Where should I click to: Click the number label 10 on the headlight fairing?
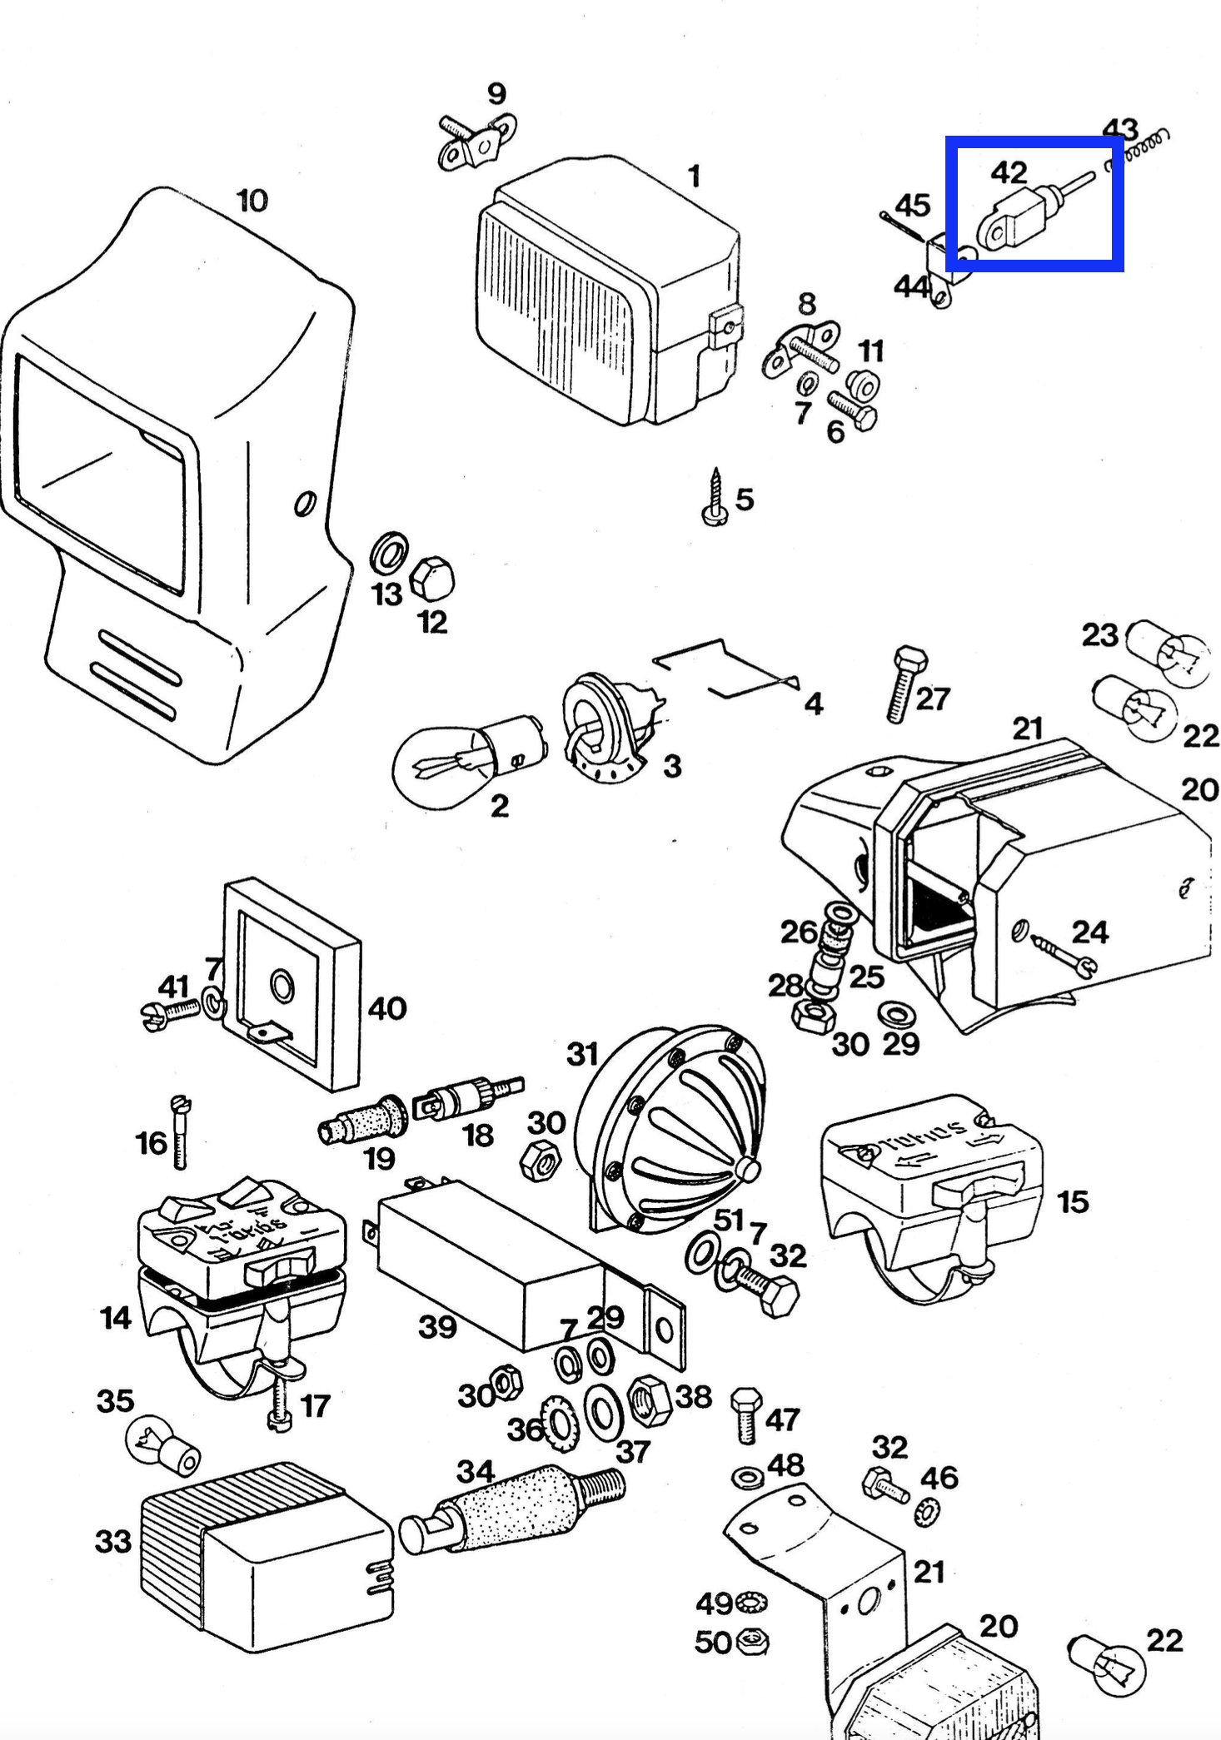coord(252,201)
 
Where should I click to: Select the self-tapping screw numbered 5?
coord(715,498)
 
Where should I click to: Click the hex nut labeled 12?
coord(432,579)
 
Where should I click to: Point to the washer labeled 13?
coord(388,552)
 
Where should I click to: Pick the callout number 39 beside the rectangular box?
coord(437,1326)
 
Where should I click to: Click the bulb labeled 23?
coord(1167,654)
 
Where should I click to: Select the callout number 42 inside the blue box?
coord(1009,172)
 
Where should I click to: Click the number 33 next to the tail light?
coord(113,1541)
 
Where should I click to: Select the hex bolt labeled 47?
coord(746,1414)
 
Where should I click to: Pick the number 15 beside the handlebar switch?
coord(1073,1201)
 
